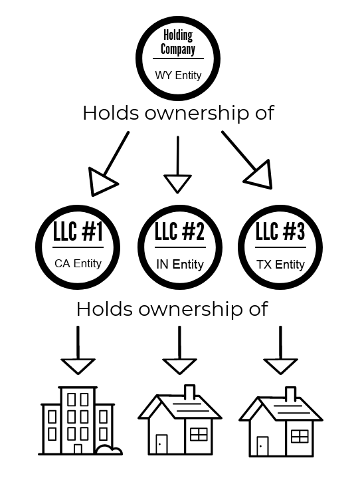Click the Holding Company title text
[178, 43]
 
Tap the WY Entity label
[178, 75]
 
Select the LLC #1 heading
[78, 231]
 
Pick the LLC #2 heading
[179, 231]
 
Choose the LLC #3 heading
[280, 231]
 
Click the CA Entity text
[78, 263]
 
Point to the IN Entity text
[180, 265]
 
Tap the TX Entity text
[280, 265]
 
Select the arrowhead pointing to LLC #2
[177, 183]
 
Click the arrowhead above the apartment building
[78, 366]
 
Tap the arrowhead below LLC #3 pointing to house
[280, 366]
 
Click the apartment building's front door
[78, 449]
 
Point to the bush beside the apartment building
[109, 449]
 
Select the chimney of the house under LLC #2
[189, 392]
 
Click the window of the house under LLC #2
[199, 434]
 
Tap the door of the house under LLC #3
[262, 446]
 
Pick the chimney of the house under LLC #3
[290, 394]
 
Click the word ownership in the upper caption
[197, 114]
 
